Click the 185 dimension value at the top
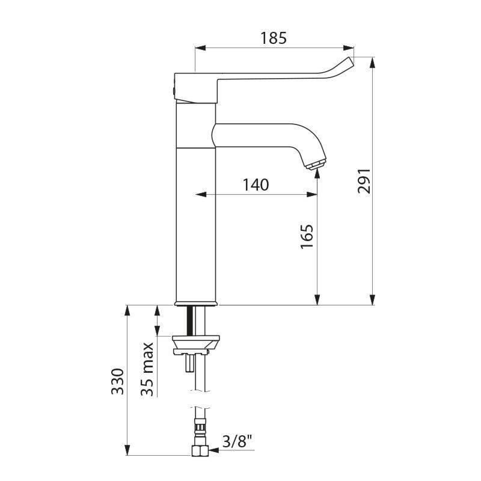click(x=274, y=38)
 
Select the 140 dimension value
click(x=256, y=185)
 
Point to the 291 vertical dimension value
click(x=365, y=180)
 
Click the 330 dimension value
click(x=118, y=381)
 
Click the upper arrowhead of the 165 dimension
click(x=317, y=174)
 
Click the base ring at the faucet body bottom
click(x=195, y=302)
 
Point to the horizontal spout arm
click(x=259, y=133)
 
